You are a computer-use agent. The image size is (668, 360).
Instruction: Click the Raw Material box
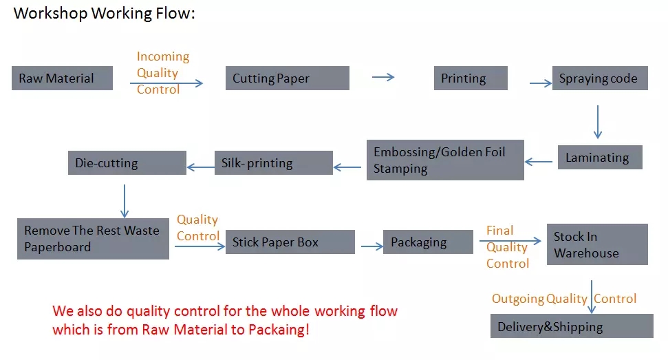tap(62, 78)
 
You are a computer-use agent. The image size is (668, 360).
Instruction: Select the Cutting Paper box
tap(288, 78)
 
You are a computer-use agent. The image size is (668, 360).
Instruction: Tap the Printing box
tap(471, 78)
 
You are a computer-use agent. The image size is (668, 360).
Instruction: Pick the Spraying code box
tap(601, 78)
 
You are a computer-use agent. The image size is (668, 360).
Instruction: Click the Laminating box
tap(601, 157)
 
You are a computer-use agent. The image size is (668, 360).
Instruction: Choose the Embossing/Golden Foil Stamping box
tap(445, 160)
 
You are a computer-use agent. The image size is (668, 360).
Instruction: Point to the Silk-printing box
tap(274, 162)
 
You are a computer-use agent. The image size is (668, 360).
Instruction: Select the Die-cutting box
tap(127, 162)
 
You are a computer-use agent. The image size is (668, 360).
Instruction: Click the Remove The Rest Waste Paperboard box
tap(94, 239)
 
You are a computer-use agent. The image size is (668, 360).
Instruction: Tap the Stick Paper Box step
tap(290, 242)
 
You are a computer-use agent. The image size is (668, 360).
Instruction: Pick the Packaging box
tap(428, 242)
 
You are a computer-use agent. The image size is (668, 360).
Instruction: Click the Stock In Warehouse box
tap(597, 244)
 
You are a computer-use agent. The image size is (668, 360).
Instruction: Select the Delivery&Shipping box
tap(572, 326)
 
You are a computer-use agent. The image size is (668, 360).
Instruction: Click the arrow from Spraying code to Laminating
tap(598, 122)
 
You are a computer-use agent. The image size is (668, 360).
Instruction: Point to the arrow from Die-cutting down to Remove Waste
tap(125, 201)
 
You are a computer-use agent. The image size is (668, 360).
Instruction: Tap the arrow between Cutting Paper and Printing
tap(383, 77)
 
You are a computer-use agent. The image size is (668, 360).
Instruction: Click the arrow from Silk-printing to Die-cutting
tap(201, 167)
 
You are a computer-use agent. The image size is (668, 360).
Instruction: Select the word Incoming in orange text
tap(163, 56)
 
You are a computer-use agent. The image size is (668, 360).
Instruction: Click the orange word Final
tap(499, 231)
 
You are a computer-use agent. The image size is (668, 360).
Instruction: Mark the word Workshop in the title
tap(50, 14)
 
